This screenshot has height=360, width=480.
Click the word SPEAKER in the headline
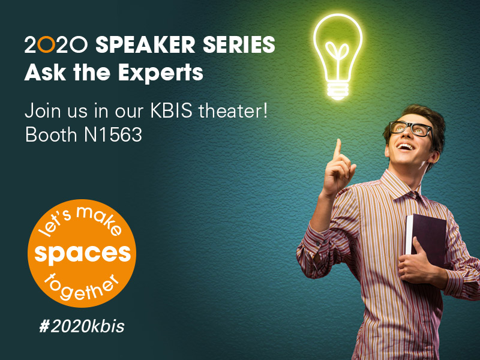coord(145,44)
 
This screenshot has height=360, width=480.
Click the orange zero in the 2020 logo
coord(47,44)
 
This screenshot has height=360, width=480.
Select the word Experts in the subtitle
coord(161,73)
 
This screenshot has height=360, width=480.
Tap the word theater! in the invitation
coord(233,111)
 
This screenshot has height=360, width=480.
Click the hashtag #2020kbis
coord(82,326)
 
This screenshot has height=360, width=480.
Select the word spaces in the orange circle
coord(82,254)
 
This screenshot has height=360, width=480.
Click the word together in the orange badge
coord(80,288)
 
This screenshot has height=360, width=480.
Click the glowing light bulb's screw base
coord(338,91)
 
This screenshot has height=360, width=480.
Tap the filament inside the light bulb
coord(337,56)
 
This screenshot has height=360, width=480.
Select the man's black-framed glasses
coord(411,128)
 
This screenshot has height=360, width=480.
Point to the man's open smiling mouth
coord(406,147)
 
